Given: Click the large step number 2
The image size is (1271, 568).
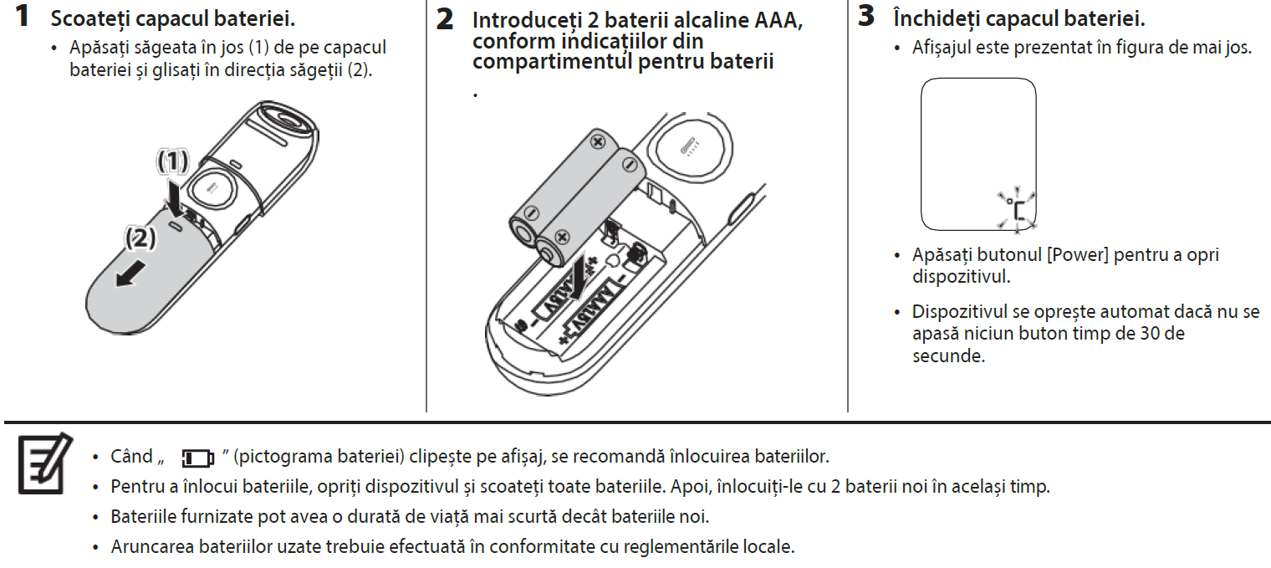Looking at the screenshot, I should (446, 19).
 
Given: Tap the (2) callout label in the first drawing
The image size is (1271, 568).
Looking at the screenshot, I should (140, 239).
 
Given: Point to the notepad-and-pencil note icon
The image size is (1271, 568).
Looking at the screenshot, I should (40, 463).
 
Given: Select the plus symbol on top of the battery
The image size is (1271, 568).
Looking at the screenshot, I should (597, 142).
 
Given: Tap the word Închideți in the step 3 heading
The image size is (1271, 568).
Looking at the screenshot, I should (931, 18).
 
